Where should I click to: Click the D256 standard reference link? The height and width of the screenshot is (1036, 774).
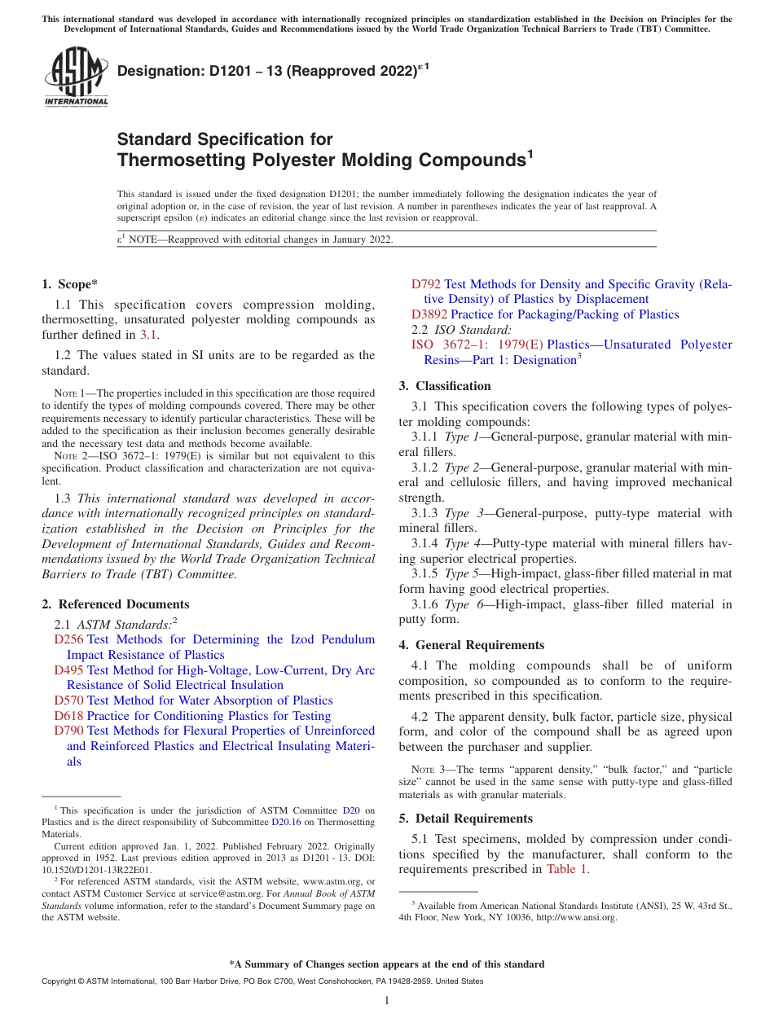click(x=68, y=640)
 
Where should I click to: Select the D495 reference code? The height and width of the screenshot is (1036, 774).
click(x=68, y=670)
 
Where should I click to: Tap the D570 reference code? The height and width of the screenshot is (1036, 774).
click(x=68, y=700)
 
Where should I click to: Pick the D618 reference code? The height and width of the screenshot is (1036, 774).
click(x=68, y=716)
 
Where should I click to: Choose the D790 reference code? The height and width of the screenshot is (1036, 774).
click(x=68, y=731)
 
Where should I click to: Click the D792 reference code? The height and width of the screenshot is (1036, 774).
click(x=426, y=284)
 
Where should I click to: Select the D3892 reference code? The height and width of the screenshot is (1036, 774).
click(x=429, y=314)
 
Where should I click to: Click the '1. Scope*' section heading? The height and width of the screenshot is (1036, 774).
click(x=69, y=284)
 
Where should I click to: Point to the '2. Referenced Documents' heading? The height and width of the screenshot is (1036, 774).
click(x=115, y=604)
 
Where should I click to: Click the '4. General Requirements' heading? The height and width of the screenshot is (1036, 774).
click(x=471, y=645)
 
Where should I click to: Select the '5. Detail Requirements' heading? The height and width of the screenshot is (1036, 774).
click(x=465, y=819)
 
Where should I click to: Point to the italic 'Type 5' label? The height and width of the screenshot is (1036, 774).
click(x=461, y=574)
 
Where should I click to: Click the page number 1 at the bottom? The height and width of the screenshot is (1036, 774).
click(x=387, y=1001)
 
